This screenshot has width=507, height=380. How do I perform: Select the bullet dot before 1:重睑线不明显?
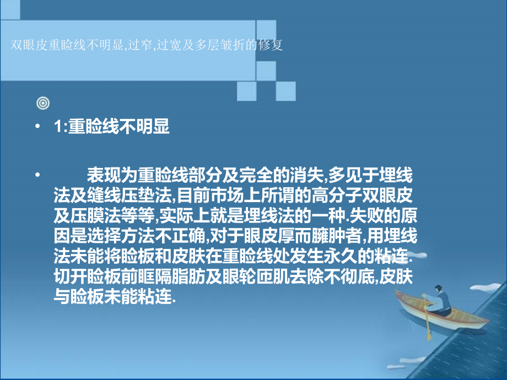click(37, 127)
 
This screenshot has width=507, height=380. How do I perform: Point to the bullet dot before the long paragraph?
click(37, 176)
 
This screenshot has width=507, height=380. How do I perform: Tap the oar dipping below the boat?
click(428, 330)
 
